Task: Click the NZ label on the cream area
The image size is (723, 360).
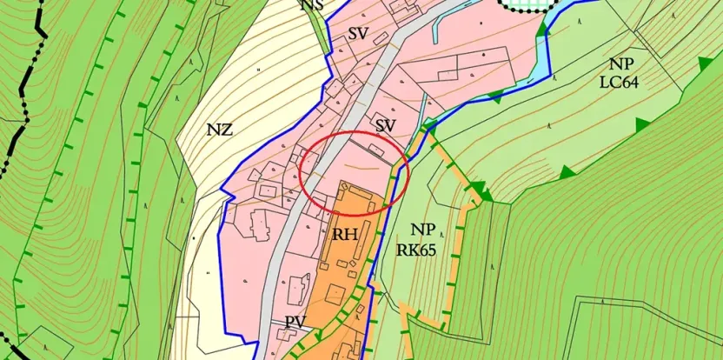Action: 219,130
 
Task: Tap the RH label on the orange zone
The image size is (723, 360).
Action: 346,234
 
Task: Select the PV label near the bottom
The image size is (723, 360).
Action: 295,323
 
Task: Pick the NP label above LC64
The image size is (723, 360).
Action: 621,64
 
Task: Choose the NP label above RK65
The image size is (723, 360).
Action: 423,230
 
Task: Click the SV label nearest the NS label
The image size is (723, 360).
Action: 359,35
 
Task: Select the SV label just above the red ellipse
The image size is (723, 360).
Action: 385,127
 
